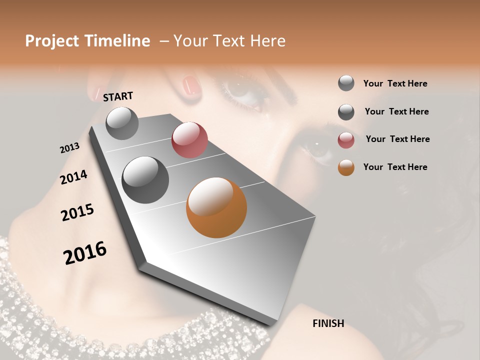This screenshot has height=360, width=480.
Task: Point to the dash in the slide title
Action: point(164,41)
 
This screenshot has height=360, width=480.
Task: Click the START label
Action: point(118,96)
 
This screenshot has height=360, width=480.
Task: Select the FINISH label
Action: point(328,323)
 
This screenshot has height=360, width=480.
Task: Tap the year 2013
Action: point(69,148)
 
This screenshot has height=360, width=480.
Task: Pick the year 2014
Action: point(73,177)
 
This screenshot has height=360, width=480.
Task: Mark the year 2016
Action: point(85,253)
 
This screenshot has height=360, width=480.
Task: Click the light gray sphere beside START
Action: point(122,123)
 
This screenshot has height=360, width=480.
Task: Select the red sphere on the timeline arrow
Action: point(189,140)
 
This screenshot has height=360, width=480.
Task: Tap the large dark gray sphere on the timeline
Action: point(145,180)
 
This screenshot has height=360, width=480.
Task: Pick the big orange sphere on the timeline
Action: point(216,207)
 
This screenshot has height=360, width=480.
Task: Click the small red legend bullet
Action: point(346,140)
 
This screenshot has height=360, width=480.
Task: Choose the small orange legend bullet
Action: point(346,168)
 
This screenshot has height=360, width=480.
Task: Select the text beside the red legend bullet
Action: point(397,139)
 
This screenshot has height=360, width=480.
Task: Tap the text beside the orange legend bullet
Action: point(395,167)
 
